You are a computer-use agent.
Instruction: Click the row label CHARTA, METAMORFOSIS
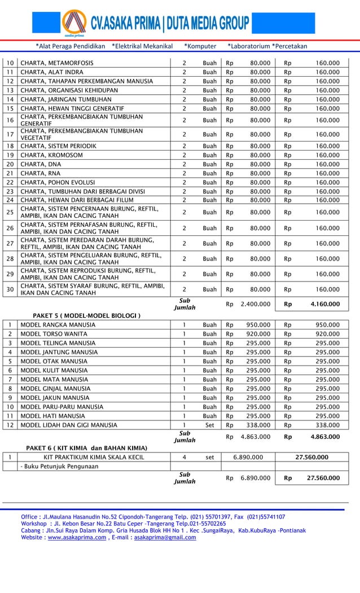point(57,63)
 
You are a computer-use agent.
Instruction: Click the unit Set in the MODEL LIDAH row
point(209,425)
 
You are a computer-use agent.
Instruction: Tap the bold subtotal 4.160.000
point(325,304)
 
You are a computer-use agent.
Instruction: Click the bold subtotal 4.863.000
point(325,436)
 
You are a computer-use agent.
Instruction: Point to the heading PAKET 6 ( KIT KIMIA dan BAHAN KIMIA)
point(87,447)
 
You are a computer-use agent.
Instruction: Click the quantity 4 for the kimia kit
point(185,457)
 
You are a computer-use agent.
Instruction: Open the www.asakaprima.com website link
point(76,538)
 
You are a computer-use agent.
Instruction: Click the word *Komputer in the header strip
point(200,46)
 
